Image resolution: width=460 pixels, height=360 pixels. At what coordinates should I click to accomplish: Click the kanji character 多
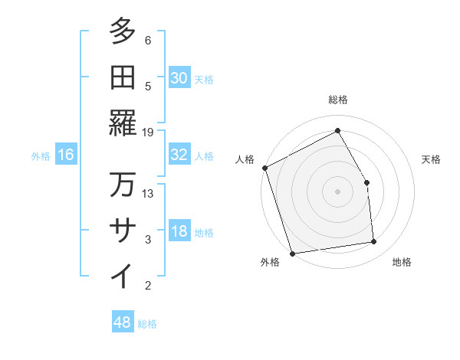(x=123, y=33)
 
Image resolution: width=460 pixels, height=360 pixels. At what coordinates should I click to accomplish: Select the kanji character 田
(x=123, y=77)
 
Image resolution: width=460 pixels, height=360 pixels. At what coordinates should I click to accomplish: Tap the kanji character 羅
(x=123, y=123)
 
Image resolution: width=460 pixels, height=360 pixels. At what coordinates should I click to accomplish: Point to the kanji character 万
(x=123, y=185)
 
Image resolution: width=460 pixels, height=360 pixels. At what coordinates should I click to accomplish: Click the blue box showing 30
(x=179, y=77)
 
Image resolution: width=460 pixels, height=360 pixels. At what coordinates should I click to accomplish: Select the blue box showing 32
(x=179, y=155)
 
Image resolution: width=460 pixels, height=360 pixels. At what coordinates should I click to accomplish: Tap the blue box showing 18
(x=179, y=232)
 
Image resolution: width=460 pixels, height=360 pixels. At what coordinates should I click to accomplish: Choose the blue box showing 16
(x=66, y=155)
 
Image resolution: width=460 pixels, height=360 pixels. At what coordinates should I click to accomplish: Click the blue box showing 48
(x=123, y=322)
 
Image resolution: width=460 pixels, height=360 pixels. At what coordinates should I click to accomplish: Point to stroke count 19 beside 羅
(x=148, y=132)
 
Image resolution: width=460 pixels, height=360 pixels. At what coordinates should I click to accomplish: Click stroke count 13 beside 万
(x=148, y=193)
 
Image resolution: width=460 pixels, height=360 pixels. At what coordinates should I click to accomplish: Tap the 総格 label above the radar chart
(x=337, y=100)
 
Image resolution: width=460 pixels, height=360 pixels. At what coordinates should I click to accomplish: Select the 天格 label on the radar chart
(x=431, y=159)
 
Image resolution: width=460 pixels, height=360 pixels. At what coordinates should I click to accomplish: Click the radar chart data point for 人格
(x=264, y=168)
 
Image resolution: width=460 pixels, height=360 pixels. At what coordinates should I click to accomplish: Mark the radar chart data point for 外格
(x=292, y=253)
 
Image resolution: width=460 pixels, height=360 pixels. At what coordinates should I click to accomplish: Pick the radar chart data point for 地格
(x=374, y=242)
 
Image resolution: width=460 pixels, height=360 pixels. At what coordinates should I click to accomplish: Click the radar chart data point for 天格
(x=366, y=182)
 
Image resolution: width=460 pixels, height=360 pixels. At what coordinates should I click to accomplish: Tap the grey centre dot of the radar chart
(x=337, y=191)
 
